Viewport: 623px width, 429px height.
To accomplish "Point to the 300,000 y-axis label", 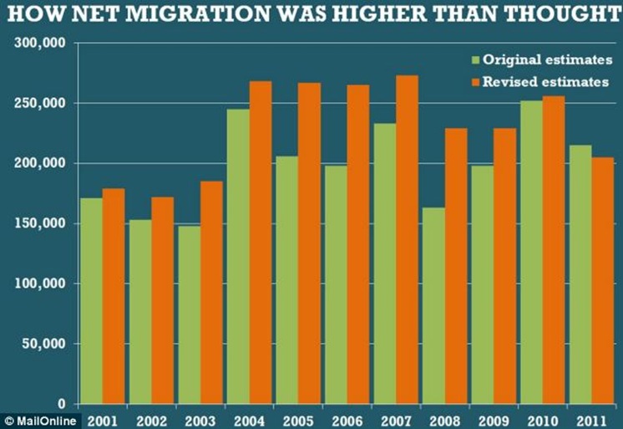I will click(41, 43).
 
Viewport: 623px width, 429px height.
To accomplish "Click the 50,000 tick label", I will click(44, 344).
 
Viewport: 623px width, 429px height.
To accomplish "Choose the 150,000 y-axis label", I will click(41, 223).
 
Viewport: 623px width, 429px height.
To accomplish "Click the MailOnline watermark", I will click(41, 420).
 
